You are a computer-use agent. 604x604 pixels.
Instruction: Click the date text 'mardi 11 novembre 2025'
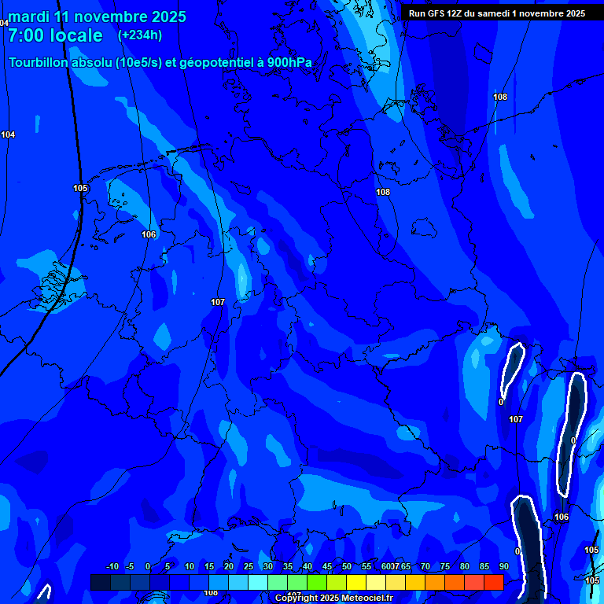tap(97, 17)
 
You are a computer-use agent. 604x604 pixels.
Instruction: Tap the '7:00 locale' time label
tap(55, 35)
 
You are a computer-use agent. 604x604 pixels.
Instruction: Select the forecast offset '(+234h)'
tap(140, 35)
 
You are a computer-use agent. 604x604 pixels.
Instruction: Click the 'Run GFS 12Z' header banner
tap(497, 13)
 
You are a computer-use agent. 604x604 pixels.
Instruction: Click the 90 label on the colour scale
tap(503, 566)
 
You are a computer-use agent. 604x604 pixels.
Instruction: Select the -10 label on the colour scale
tap(112, 566)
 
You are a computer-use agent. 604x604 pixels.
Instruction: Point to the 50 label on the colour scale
tap(347, 566)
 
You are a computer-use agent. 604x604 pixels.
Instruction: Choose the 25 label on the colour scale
tap(249, 566)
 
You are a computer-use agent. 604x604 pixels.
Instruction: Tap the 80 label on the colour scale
tap(465, 566)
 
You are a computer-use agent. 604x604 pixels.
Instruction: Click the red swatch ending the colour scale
tap(494, 582)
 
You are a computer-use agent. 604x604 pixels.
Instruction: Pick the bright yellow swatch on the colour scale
tap(356, 582)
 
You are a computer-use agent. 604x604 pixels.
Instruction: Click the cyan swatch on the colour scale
tap(258, 582)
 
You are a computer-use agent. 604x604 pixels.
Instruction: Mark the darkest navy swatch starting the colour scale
tap(101, 582)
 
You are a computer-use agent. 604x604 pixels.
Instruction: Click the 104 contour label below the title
tap(8, 134)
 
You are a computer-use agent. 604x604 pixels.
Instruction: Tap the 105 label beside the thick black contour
tap(80, 188)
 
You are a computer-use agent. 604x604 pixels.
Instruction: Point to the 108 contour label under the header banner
tap(500, 97)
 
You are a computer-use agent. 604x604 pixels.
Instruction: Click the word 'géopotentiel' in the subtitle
tap(215, 63)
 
